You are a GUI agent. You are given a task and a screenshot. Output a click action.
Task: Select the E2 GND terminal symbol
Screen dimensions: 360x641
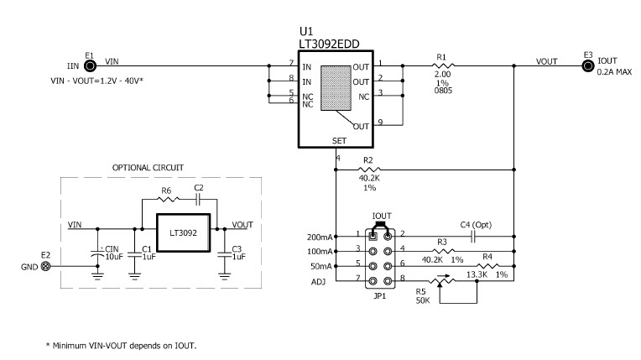[46, 266]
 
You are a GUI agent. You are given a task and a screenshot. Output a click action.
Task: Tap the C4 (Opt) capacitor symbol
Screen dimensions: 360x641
[472, 236]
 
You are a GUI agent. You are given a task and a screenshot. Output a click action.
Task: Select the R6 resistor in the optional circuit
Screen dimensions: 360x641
[167, 201]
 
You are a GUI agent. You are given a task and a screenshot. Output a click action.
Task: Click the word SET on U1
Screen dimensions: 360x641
[337, 142]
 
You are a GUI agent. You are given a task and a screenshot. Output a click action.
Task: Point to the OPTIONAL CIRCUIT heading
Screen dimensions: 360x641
[148, 168]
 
